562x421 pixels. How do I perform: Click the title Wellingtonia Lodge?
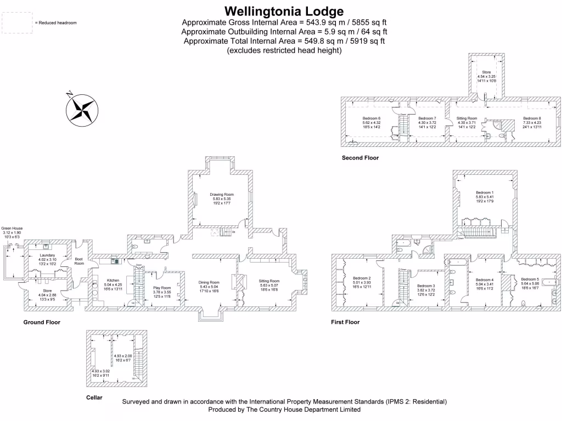point(284,11)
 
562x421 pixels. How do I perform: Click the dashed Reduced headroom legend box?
point(17,22)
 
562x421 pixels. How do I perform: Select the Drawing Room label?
point(222,195)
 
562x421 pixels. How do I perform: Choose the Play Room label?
point(162,288)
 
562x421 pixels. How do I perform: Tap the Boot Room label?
point(79,261)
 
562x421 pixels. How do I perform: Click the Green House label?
point(12,228)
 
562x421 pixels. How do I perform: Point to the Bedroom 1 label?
point(485,193)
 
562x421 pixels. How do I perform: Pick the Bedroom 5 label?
point(530,279)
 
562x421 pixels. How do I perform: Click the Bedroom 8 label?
point(532,118)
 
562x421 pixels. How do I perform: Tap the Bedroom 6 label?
point(372,118)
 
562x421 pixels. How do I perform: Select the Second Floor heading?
point(360,158)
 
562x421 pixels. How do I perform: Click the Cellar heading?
point(94,397)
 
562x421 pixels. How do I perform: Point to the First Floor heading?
point(345,322)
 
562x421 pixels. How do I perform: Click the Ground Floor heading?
point(42,322)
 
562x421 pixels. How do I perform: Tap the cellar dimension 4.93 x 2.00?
point(123,356)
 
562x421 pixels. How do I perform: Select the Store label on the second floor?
point(486,72)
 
